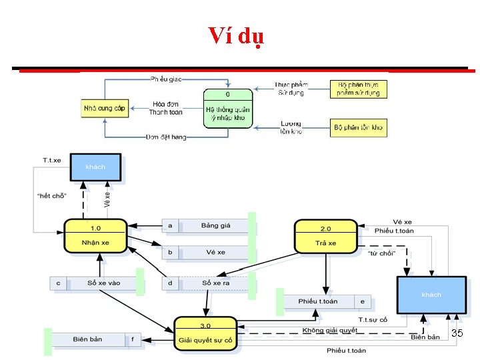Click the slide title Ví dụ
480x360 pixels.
pyautogui.click(x=236, y=35)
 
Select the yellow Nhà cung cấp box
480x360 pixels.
pyautogui.click(x=104, y=107)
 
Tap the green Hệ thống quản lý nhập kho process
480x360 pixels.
pyautogui.click(x=228, y=108)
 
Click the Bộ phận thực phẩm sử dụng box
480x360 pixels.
pyautogui.click(x=359, y=89)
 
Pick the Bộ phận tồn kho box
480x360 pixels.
pyautogui.click(x=359, y=127)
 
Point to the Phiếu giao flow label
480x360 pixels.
pyautogui.click(x=166, y=79)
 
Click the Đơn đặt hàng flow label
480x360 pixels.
pyautogui.click(x=166, y=137)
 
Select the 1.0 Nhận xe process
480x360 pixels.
pyautogui.click(x=95, y=236)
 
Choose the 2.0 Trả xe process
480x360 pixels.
pyautogui.click(x=326, y=237)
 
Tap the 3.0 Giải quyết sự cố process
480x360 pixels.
pyautogui.click(x=205, y=333)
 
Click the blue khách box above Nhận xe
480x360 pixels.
pyautogui.click(x=96, y=167)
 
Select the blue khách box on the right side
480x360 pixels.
pyautogui.click(x=431, y=294)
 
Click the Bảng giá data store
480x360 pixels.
pyautogui.click(x=215, y=226)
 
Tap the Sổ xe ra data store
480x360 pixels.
pyautogui.click(x=215, y=283)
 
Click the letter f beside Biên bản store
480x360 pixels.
pyautogui.click(x=133, y=339)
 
